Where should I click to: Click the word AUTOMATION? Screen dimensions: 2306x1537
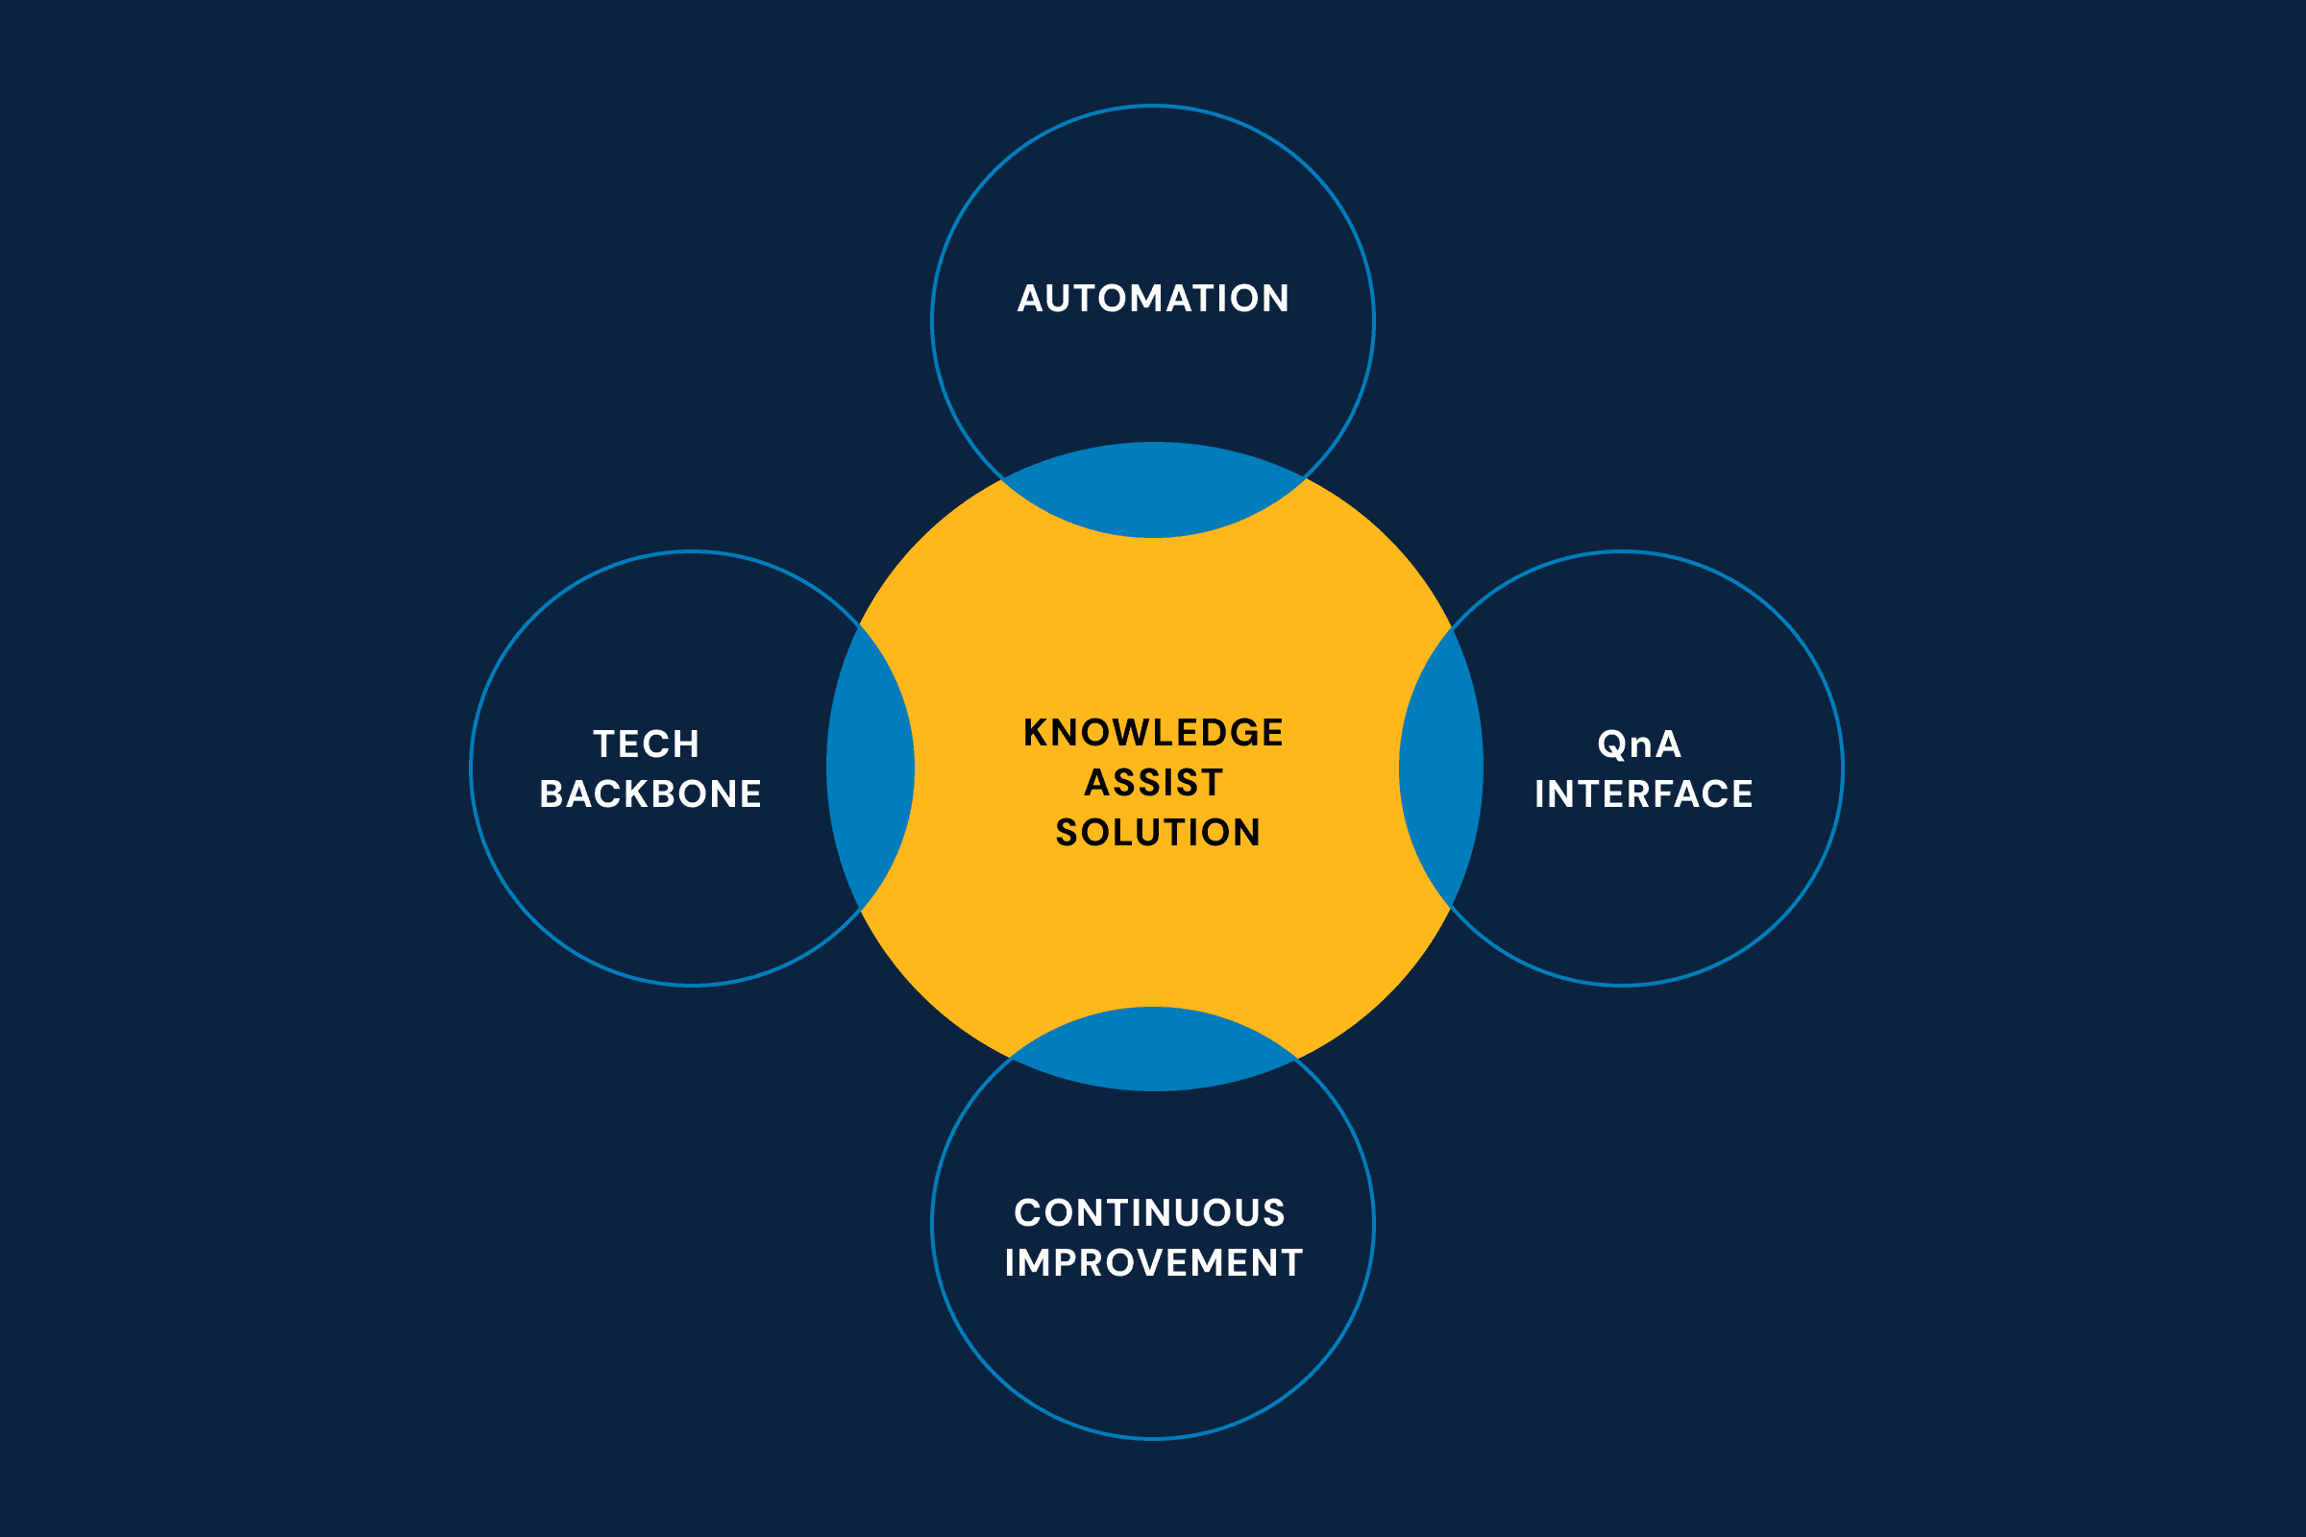(1153, 299)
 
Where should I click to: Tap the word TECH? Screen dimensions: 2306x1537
(646, 744)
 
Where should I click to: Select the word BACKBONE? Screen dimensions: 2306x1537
(650, 794)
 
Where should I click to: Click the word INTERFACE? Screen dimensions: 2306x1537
(1643, 794)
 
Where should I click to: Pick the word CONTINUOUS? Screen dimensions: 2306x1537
(1149, 1212)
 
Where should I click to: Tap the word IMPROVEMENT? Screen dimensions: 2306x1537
(1154, 1262)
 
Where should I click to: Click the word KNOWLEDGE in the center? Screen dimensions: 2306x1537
(1153, 732)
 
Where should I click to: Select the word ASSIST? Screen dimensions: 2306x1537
(1154, 782)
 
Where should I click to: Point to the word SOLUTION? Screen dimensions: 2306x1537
(1157, 832)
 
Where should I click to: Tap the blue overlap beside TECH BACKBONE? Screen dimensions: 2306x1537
(871, 768)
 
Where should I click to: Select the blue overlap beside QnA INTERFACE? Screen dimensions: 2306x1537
(1441, 768)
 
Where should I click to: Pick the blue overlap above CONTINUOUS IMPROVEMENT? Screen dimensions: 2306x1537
(1154, 1049)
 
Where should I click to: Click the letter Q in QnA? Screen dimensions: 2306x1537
(1613, 745)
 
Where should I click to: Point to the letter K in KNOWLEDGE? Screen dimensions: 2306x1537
(1037, 732)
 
